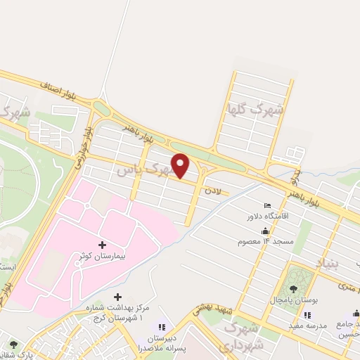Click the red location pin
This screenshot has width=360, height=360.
pyautogui.click(x=181, y=165)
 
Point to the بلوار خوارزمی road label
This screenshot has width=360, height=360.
pyautogui.click(x=82, y=147)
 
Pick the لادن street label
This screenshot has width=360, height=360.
pyautogui.click(x=213, y=191)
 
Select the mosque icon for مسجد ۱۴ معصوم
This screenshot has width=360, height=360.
pyautogui.click(x=265, y=231)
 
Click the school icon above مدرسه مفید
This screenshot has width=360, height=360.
pyautogui.click(x=291, y=316)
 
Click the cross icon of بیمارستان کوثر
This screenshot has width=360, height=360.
pyautogui.click(x=103, y=245)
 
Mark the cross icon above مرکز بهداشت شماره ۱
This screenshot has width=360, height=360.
pyautogui.click(x=117, y=297)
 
